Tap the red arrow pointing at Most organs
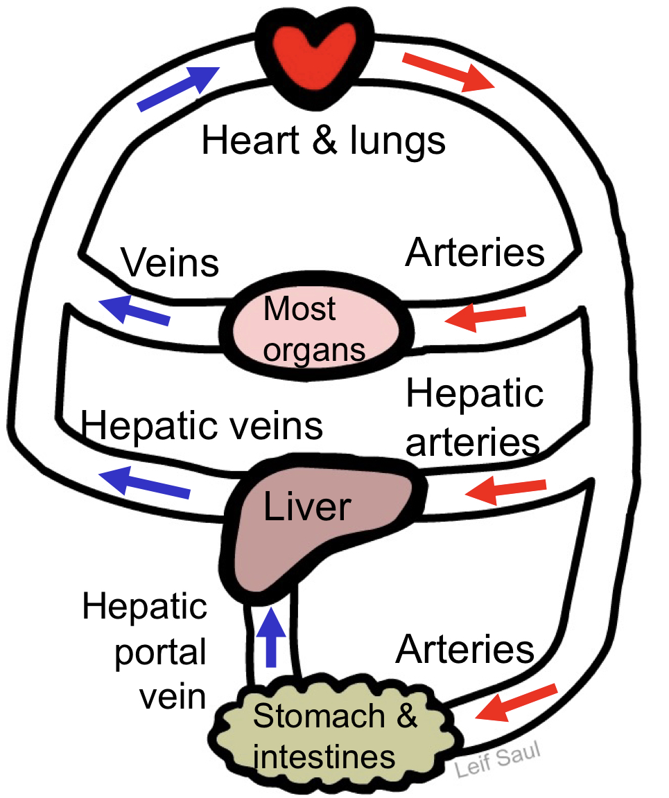click(x=485, y=317)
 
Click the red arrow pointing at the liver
click(x=506, y=490)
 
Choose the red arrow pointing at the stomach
click(x=516, y=703)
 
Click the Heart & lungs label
click(x=323, y=141)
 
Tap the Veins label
click(x=171, y=264)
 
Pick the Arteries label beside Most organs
click(x=475, y=254)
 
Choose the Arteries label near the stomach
click(x=465, y=650)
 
